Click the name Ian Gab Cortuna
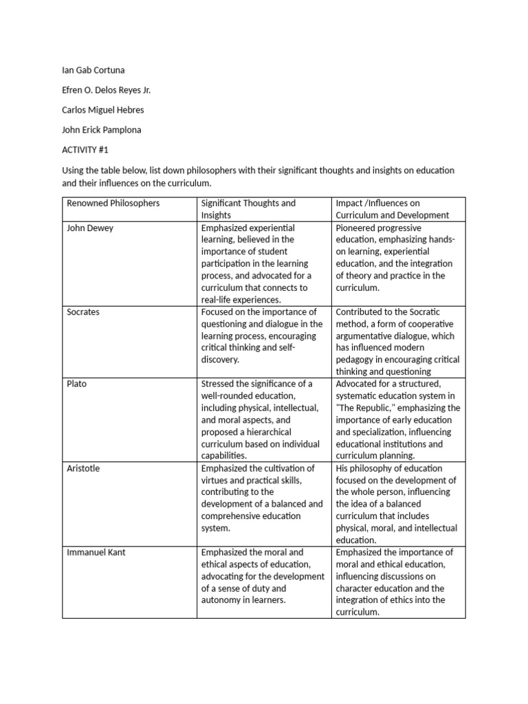tap(93, 70)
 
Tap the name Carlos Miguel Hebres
tap(103, 110)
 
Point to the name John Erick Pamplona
tap(102, 130)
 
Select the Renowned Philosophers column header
tap(113, 203)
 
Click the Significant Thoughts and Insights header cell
tap(248, 209)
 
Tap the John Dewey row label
tap(90, 228)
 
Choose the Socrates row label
tap(83, 312)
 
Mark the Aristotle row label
tap(82, 468)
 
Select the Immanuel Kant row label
tap(96, 552)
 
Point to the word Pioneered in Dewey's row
tap(357, 228)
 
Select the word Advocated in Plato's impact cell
tap(360, 384)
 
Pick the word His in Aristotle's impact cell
tap(342, 468)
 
